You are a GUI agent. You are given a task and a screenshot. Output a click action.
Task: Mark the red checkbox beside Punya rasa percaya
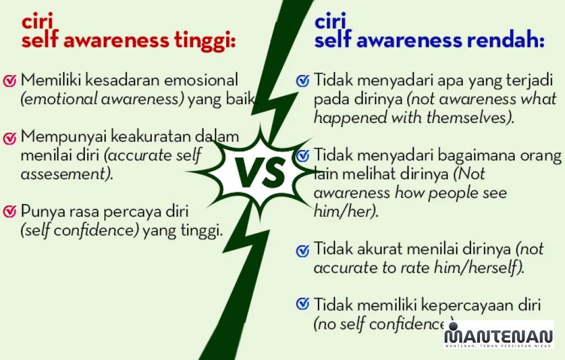pos(10,211)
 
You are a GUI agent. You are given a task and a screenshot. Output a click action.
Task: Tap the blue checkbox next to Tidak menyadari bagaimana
pos(303,156)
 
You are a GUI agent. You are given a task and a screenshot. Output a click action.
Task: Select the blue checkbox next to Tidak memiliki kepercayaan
pos(303,304)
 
